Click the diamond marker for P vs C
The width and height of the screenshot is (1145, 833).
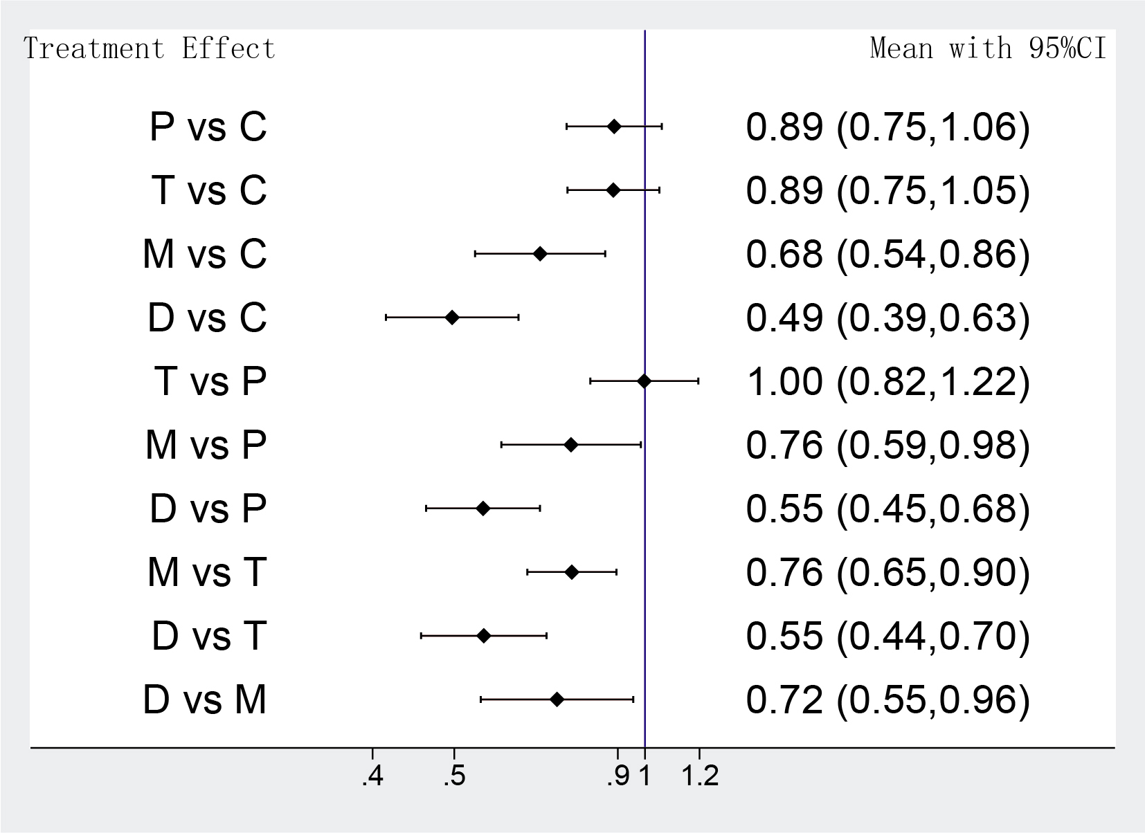coord(614,127)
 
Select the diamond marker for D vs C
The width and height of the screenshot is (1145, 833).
coord(452,318)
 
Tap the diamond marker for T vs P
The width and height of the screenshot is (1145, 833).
coord(644,381)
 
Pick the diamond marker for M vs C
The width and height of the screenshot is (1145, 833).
coord(541,254)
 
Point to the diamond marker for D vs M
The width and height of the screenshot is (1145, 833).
coord(557,699)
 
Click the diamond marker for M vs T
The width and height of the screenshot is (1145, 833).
coord(572,572)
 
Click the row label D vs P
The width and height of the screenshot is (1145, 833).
coord(208,509)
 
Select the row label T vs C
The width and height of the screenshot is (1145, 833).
coord(208,190)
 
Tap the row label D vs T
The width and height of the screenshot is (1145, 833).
coord(208,636)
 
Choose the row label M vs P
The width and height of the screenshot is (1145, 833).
coord(206,445)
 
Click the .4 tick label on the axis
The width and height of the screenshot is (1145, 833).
coord(372,778)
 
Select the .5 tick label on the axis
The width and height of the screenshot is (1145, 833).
coord(454,778)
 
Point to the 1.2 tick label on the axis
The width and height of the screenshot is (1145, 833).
coord(700,778)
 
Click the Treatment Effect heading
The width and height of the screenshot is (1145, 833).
coord(150,49)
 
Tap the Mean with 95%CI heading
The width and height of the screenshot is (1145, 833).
coord(988,49)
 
